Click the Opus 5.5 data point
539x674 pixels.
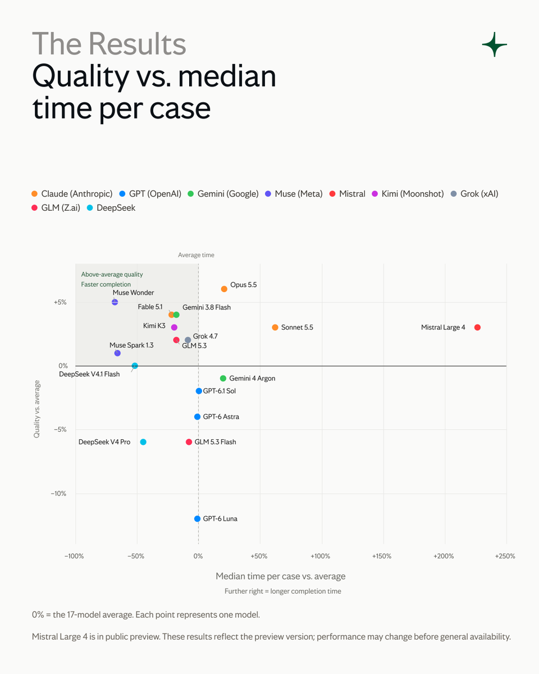point(224,289)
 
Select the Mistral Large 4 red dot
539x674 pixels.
point(477,327)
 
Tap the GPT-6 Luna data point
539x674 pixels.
point(197,518)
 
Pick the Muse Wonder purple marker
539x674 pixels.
point(115,302)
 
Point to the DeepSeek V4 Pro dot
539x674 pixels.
point(143,442)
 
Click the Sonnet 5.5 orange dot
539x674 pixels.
point(275,327)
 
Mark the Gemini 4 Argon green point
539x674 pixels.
point(223,379)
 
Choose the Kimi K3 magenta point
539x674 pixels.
point(174,327)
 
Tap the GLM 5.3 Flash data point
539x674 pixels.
point(189,442)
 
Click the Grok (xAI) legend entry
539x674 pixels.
point(474,194)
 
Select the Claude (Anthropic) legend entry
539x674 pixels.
point(72,194)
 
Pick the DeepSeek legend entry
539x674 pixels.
point(111,208)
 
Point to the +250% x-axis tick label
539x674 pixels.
point(505,556)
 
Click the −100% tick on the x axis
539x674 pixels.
point(74,556)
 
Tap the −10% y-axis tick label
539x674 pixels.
point(58,494)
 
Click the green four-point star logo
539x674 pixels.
point(494,44)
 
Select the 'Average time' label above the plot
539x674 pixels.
point(196,255)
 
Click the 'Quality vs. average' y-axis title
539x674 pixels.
point(36,409)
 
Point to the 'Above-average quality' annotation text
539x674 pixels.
point(112,274)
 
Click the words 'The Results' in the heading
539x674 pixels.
point(109,44)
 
